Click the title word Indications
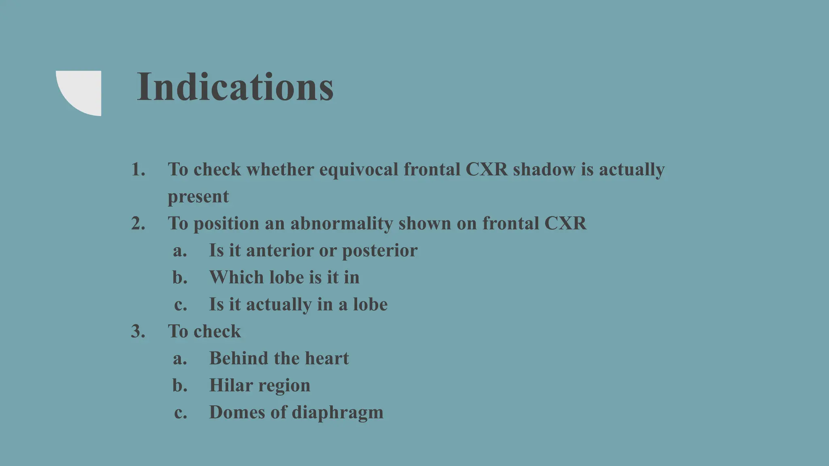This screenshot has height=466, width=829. pyautogui.click(x=235, y=87)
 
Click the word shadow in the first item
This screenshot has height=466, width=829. pyautogui.click(x=544, y=169)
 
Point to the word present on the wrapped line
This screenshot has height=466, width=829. pyautogui.click(x=198, y=197)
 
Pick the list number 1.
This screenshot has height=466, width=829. pyautogui.click(x=138, y=169)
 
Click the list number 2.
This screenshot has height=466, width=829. pyautogui.click(x=138, y=223)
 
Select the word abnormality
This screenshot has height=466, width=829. pyautogui.click(x=341, y=223)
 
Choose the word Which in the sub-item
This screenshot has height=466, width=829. pyautogui.click(x=236, y=277)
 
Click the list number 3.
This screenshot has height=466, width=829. pyautogui.click(x=138, y=331)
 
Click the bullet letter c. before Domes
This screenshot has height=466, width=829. pyautogui.click(x=181, y=413)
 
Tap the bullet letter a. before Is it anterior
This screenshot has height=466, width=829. pyautogui.click(x=180, y=251)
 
